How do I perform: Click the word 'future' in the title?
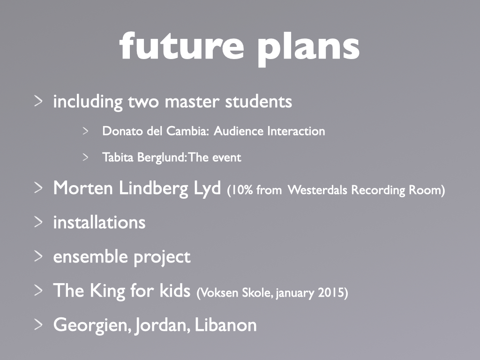pos(181,46)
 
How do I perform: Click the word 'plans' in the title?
pos(308,49)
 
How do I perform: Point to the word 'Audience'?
pos(239,131)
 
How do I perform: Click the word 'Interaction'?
pos(296,131)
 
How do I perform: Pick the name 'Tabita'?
pos(118,157)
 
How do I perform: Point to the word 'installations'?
pos(99,222)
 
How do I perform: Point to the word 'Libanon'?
pos(225,325)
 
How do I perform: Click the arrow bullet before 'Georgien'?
pos(38,324)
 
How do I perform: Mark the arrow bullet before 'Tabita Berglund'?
pos(85,157)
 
